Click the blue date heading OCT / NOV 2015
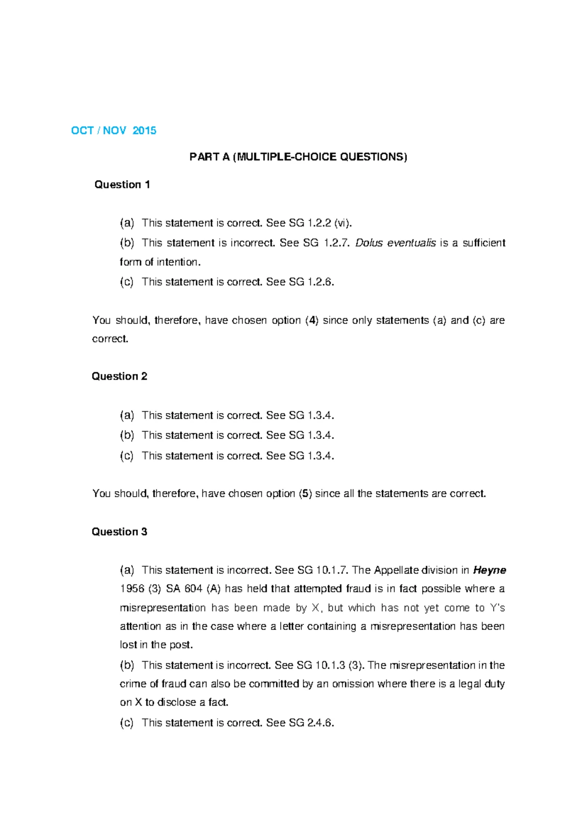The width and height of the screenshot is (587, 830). (113, 130)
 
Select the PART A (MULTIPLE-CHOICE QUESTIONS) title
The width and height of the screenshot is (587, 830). (298, 157)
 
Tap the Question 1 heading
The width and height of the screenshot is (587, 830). (122, 184)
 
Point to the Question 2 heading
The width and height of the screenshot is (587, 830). (119, 376)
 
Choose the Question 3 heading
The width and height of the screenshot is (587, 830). (119, 531)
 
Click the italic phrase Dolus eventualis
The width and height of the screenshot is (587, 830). (395, 243)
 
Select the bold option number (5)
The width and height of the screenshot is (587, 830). (305, 493)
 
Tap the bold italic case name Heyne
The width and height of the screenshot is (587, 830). (490, 570)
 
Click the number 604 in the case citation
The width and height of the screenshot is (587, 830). (193, 589)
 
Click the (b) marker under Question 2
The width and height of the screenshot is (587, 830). (127, 435)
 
